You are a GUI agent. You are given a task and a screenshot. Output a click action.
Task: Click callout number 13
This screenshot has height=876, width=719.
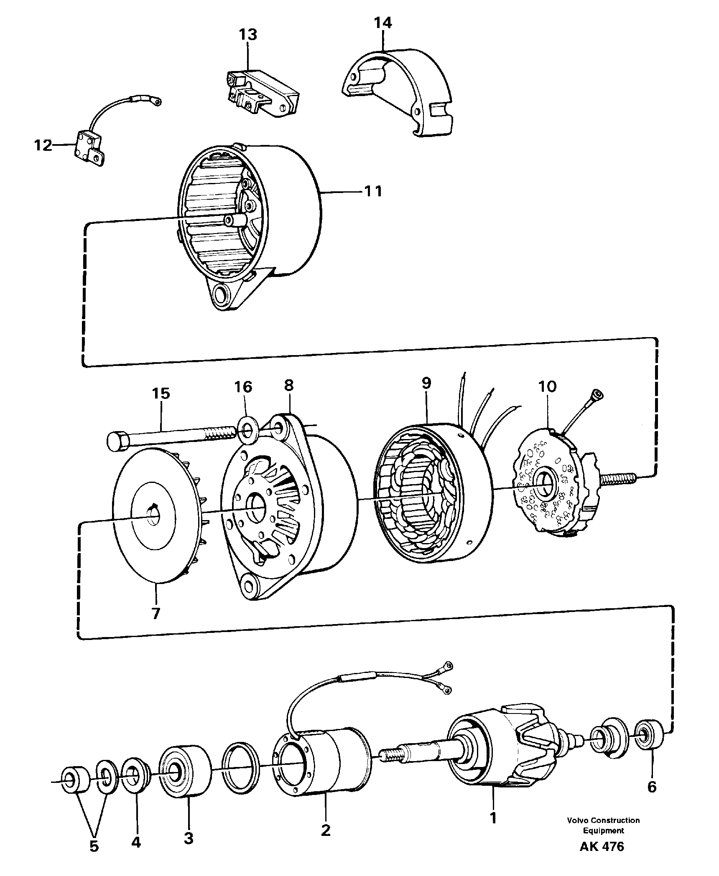tap(248, 35)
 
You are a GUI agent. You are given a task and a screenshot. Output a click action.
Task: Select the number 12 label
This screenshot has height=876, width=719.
tap(43, 145)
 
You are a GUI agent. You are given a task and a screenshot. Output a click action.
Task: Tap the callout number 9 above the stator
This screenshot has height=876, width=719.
tap(426, 383)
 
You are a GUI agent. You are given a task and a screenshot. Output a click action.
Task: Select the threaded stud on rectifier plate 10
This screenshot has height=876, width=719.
tap(618, 477)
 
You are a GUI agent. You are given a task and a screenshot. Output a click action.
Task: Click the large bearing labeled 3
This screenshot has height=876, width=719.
tap(185, 772)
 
